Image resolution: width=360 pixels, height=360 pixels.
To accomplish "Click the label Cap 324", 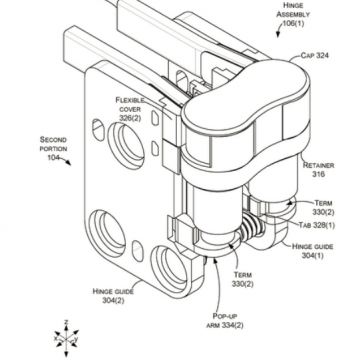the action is (x=314, y=55).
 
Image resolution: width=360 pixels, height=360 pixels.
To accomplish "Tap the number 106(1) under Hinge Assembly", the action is (x=293, y=23).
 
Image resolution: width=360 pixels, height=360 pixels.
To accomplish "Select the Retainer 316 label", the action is (x=318, y=169).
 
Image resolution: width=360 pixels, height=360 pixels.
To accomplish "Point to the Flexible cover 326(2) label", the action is (x=130, y=109).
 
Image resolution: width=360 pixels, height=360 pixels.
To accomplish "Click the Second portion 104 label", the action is (x=53, y=148).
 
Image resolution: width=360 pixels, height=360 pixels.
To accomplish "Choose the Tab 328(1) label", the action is (x=317, y=225).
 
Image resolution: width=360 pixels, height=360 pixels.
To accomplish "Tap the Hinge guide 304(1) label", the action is (x=312, y=251).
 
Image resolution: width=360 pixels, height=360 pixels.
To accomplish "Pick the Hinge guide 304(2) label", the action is (x=113, y=296).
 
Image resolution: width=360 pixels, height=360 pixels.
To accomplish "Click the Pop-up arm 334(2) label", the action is (x=225, y=320).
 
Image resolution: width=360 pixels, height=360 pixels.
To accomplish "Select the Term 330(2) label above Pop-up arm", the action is (x=243, y=279).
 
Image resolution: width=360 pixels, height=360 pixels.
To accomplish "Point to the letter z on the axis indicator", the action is (x=66, y=322).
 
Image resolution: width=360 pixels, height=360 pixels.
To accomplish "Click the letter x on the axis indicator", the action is (x=56, y=338).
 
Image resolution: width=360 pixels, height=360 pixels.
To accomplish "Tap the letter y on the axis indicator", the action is (x=76, y=339).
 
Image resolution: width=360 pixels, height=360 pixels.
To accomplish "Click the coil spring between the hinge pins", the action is (x=252, y=228).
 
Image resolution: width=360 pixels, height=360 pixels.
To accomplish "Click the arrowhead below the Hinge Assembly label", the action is (x=278, y=35).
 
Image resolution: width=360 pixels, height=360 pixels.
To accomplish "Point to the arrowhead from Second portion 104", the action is (x=68, y=163).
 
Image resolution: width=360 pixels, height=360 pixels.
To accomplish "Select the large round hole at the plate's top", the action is (x=126, y=141).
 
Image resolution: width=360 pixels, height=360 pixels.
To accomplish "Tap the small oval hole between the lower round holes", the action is (x=138, y=251).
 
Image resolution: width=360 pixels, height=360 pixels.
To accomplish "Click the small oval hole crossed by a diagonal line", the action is (x=98, y=130).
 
